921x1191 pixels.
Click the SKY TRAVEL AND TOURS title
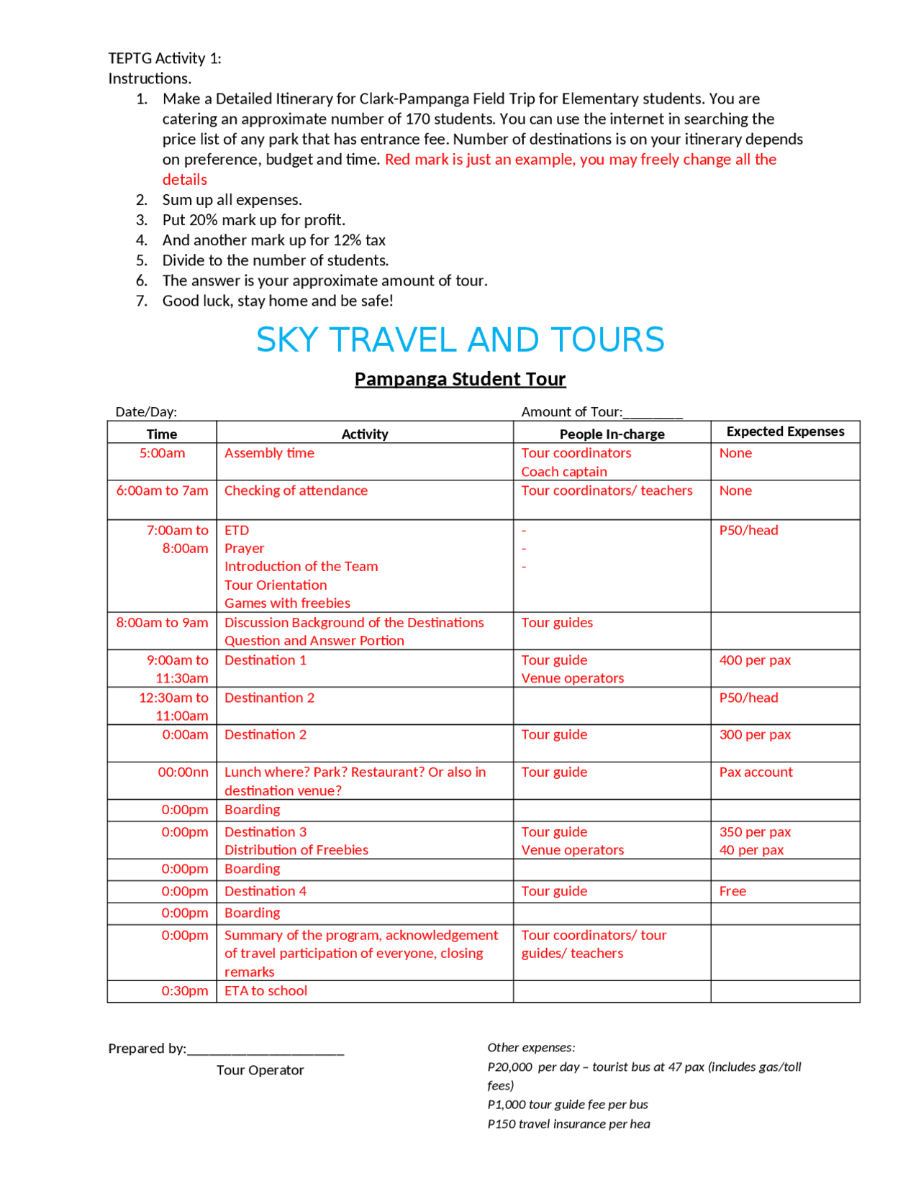(x=460, y=340)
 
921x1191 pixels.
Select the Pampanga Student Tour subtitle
(x=460, y=379)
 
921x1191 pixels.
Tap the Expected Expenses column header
(x=785, y=432)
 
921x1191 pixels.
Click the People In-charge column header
(x=612, y=434)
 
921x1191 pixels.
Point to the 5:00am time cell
(x=162, y=453)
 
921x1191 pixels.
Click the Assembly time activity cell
(x=269, y=453)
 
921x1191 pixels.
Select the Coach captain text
(x=564, y=472)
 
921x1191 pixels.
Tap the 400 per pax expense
(x=755, y=660)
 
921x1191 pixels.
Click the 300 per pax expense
(x=755, y=735)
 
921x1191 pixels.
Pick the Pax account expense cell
(x=756, y=772)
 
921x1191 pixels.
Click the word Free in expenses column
(x=732, y=891)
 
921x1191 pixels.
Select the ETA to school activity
(x=266, y=991)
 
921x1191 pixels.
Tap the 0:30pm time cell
(x=184, y=991)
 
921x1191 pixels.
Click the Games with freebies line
(x=287, y=603)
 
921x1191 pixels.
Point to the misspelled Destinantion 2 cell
(x=269, y=698)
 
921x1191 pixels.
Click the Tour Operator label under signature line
(x=260, y=1070)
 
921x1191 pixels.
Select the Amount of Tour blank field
(x=653, y=413)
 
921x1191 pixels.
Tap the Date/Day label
(x=146, y=412)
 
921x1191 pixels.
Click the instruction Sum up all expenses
(x=232, y=200)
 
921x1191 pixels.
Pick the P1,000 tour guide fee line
(x=567, y=1105)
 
